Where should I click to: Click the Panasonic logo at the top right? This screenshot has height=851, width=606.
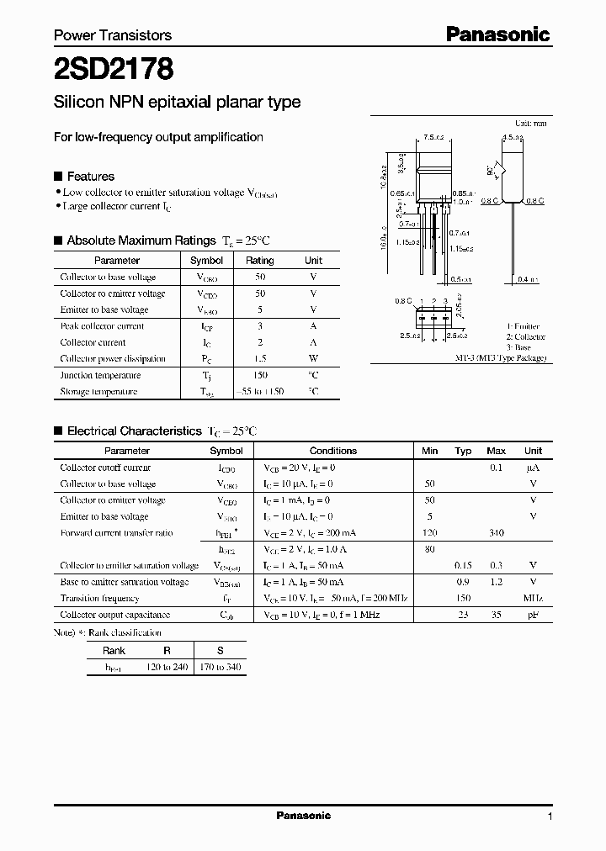coord(497,34)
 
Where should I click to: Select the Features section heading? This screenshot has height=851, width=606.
coord(90,177)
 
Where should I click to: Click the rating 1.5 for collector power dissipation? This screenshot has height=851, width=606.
coord(260,359)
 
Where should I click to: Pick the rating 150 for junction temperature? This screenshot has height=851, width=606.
coord(260,375)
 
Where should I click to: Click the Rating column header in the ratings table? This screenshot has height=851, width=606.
coord(260,261)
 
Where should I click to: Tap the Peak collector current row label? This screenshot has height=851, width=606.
coord(102,326)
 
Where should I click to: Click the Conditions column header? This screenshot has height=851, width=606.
coord(333,451)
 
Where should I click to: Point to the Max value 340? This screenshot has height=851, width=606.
coord(497,533)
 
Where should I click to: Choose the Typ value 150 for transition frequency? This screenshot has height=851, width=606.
coord(463,599)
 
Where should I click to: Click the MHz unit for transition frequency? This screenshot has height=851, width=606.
coord(532,599)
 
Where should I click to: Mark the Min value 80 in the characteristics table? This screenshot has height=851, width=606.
coord(430,550)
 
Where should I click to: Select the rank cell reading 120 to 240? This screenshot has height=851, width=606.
coord(167,667)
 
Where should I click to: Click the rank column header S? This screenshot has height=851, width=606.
coord(221,651)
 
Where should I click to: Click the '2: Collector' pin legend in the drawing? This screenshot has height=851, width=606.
coord(525,336)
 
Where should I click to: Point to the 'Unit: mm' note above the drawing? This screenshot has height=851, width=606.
coord(530,123)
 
